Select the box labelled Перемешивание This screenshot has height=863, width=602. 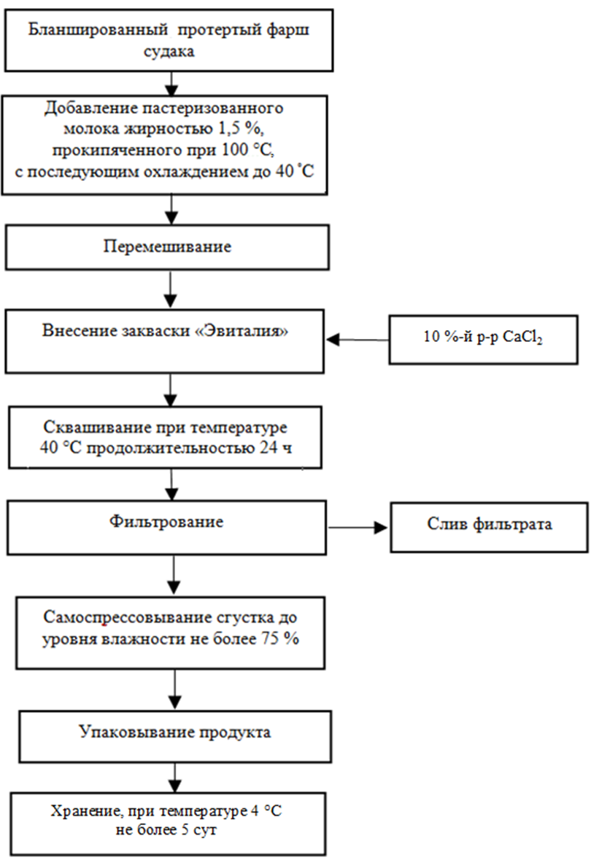coord(168,246)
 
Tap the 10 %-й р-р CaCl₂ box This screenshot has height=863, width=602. coord(482,339)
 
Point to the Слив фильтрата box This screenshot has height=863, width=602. coord(488,526)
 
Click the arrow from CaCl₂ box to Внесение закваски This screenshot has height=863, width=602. coord(358,339)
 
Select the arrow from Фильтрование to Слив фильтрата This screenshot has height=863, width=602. coord(359,525)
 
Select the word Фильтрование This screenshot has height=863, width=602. coord(166,522)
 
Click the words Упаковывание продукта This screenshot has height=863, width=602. coord(174,732)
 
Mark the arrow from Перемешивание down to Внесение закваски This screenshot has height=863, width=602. coord(170,289)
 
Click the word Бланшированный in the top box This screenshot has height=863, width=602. coord(86,30)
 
